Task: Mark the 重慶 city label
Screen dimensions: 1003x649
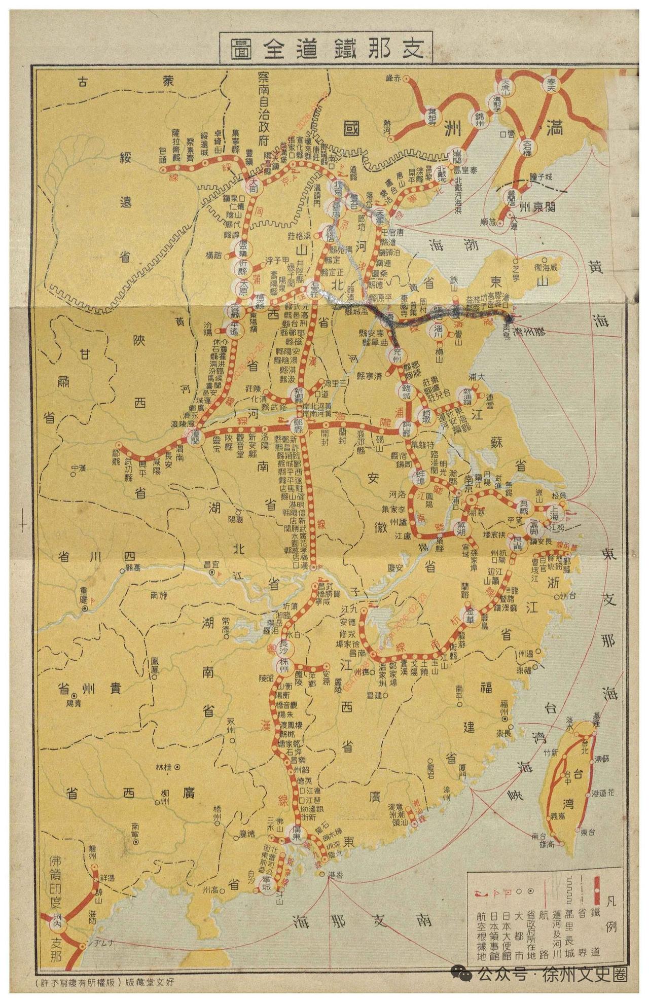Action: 84,594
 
